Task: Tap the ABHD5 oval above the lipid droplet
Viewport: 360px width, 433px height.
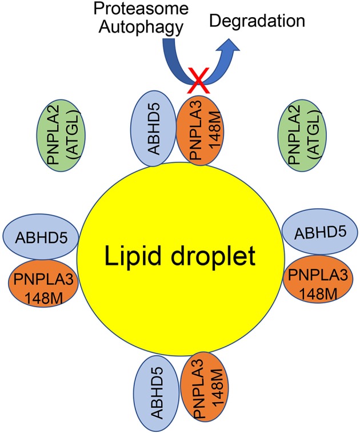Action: (x=152, y=130)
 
